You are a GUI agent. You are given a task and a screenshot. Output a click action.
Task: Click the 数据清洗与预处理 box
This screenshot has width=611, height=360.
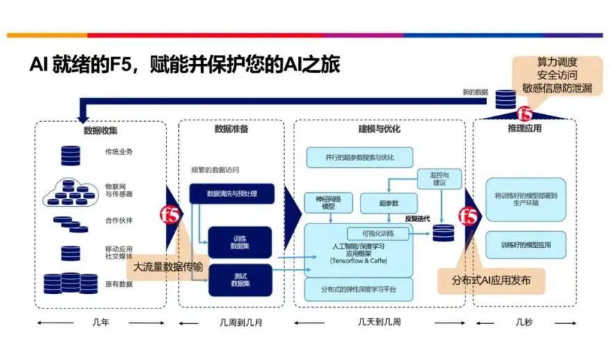[232, 193]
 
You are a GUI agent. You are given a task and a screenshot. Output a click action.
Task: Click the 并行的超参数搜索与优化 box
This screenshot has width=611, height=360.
[359, 157]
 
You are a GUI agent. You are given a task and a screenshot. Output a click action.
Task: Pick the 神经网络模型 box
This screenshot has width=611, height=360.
[324, 203]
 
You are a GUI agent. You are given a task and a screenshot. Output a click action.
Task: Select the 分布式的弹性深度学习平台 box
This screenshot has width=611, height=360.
[359, 288]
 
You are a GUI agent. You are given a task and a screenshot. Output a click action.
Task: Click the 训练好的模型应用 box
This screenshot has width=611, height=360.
[525, 245]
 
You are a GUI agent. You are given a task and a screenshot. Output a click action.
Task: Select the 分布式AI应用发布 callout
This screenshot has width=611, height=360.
[491, 281]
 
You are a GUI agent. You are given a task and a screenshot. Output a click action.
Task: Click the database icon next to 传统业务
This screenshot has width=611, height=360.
[70, 152]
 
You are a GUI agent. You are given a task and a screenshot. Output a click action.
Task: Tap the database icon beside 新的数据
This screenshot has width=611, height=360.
[505, 100]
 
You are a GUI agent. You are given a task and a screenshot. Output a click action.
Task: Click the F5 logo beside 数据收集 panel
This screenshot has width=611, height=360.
[170, 212]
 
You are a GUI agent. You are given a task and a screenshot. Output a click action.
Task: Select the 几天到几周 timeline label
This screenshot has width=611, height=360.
[379, 322]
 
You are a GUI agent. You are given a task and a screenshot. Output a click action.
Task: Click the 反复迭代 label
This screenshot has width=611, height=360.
[418, 219]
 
